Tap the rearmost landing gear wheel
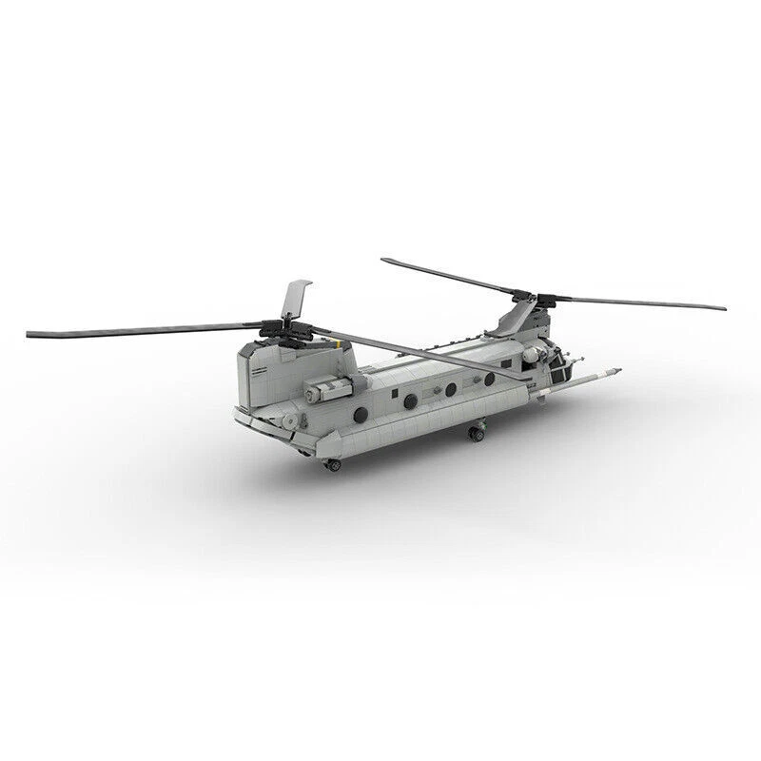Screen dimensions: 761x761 point(332,464)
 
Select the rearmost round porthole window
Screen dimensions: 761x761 point(361,414)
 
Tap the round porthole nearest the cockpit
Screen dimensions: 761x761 point(490,380)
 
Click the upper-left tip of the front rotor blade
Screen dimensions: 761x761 point(386,260)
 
